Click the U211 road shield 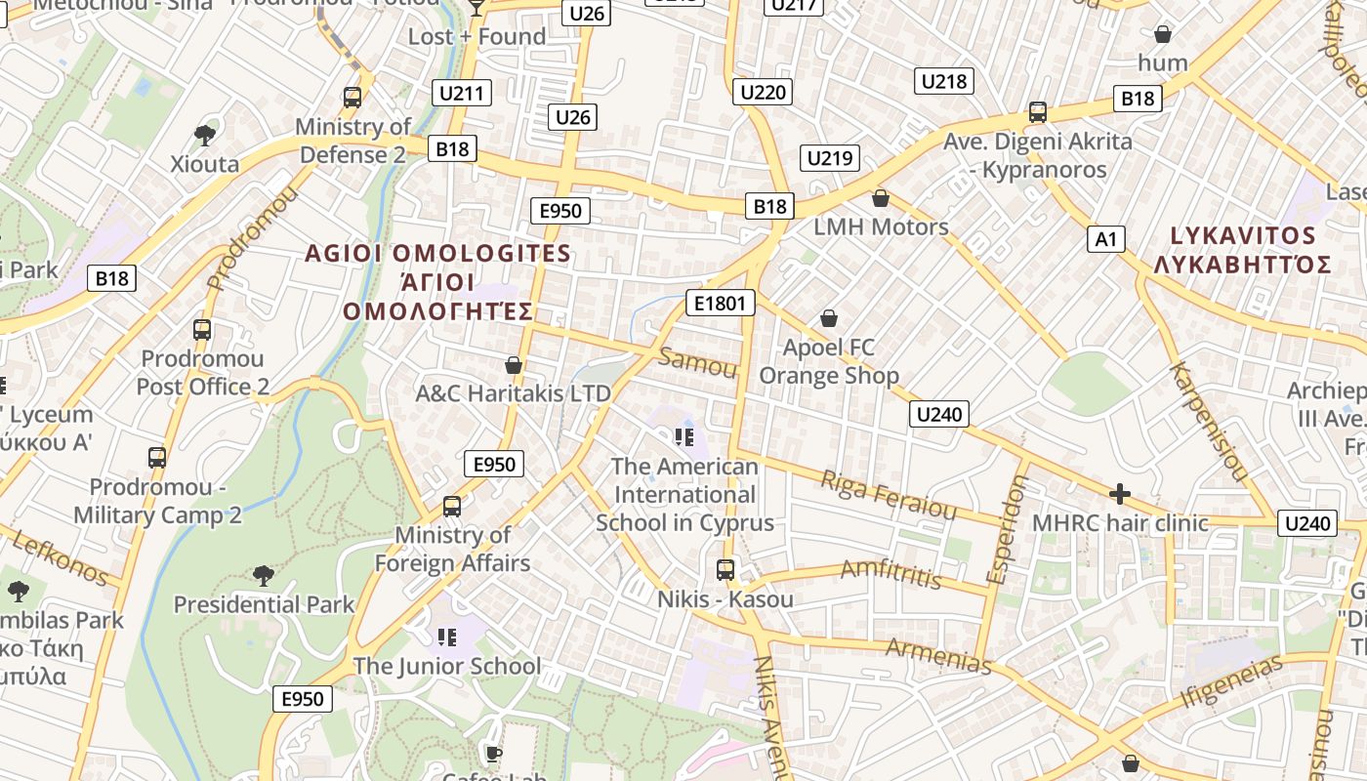pos(462,94)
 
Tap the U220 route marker pos(764,93)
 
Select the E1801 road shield pos(721,304)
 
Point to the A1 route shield pos(1106,239)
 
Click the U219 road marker pos(830,158)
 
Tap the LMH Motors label pos(882,226)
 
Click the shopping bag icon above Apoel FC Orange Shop pos(829,318)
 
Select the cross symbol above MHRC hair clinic pos(1120,494)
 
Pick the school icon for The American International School pos(684,436)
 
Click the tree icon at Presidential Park pos(263,576)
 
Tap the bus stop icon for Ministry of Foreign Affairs pos(452,507)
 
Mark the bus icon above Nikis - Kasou pos(725,570)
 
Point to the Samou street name pos(697,363)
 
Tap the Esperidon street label pos(1006,530)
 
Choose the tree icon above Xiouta pos(205,135)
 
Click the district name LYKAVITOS pos(1242,236)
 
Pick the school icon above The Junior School pos(447,637)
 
